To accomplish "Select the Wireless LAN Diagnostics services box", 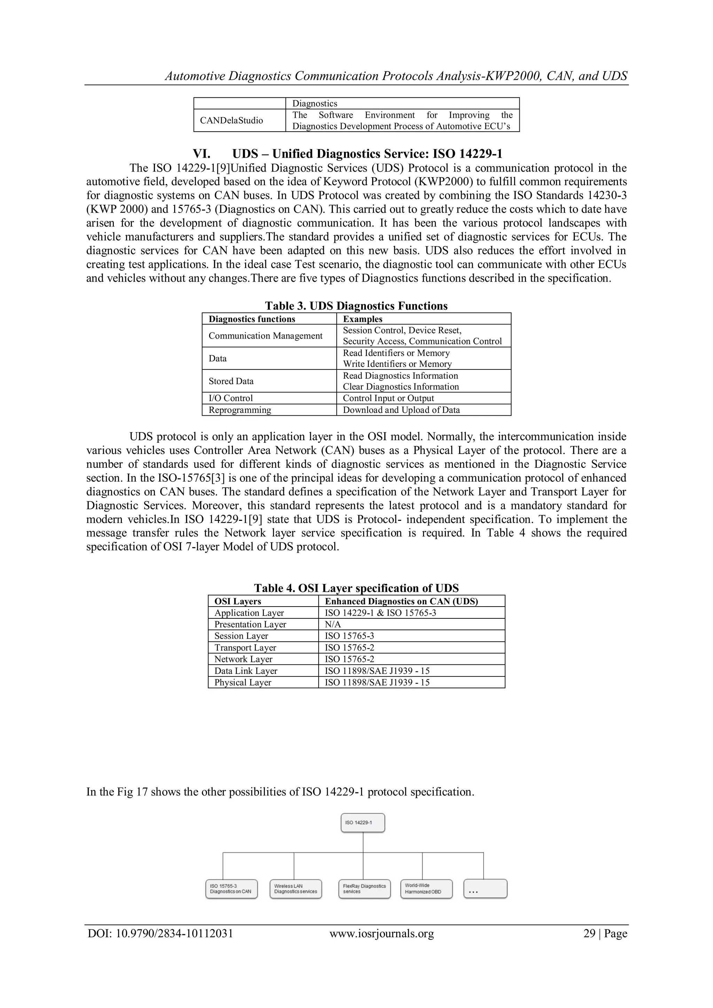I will (296, 889).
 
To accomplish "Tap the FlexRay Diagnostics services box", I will (365, 889).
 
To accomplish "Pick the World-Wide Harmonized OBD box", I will (426, 889).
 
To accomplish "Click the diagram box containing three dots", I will (485, 889).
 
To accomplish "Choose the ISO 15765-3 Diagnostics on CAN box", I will (232, 889).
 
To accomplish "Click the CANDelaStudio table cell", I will (232, 120).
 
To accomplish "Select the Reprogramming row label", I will (240, 410).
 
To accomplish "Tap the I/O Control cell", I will (230, 398).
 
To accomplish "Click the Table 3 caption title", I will (356, 306).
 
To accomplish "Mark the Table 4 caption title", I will (356, 588).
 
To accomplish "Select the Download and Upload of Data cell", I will (401, 410).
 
